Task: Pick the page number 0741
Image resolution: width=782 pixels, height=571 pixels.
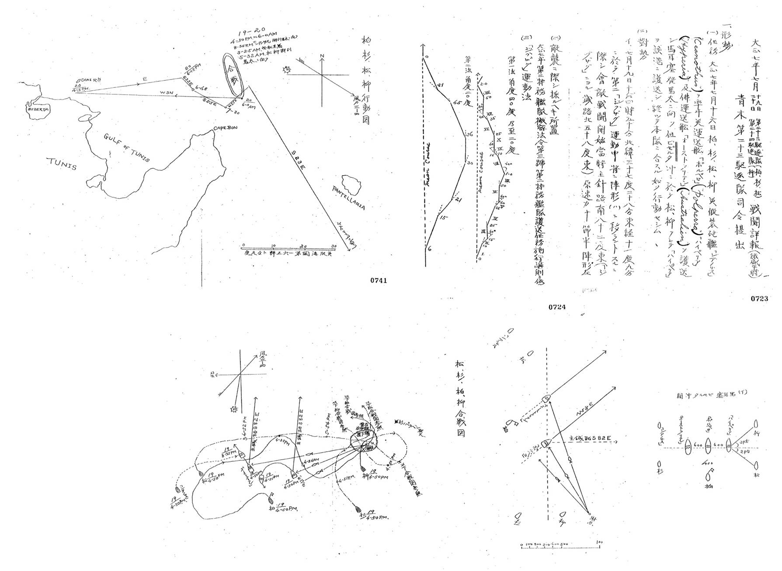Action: tap(378, 280)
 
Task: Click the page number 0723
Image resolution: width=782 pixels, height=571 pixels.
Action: tap(759, 299)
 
